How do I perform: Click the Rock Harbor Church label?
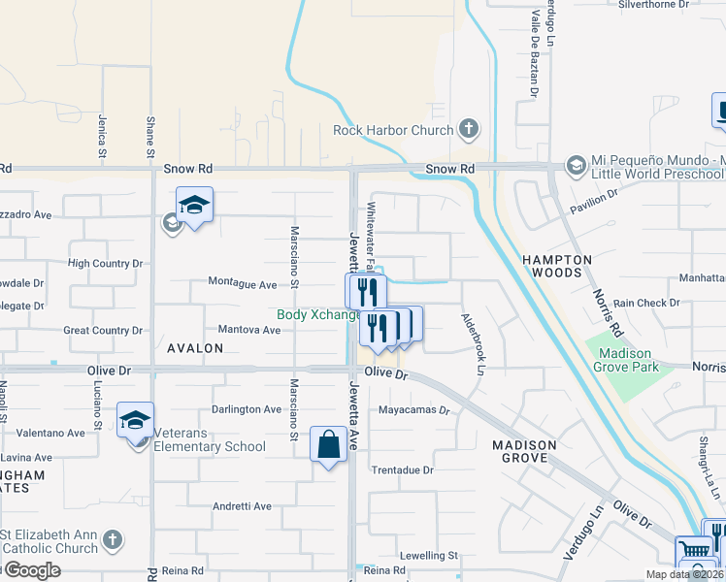[x=393, y=130]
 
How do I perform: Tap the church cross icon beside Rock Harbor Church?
[x=469, y=129]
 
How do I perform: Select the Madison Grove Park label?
[x=628, y=360]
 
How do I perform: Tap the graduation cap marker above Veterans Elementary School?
[x=136, y=420]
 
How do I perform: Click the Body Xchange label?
[x=318, y=314]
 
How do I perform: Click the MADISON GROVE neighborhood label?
[x=524, y=452]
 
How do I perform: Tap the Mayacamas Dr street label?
[x=415, y=410]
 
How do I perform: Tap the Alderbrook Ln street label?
[x=474, y=343]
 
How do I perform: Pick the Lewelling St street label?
[x=428, y=555]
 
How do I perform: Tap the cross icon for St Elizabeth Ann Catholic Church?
[x=113, y=539]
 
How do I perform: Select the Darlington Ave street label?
[x=247, y=409]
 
